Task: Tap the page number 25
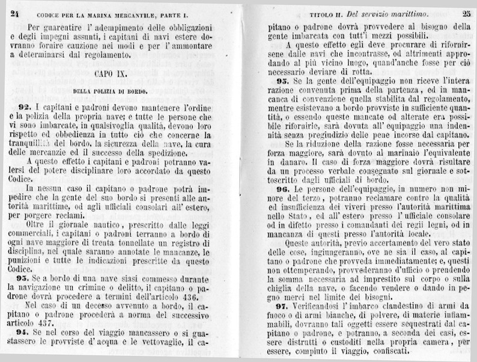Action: coord(467,13)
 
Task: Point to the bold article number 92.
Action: coord(24,106)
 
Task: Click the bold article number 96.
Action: coord(282,188)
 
